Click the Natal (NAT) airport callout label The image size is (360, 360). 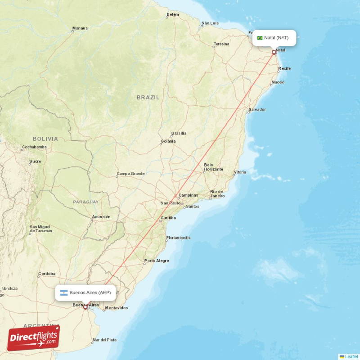[274, 38]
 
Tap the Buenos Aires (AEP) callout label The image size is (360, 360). [85, 292]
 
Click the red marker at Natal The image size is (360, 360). [274, 52]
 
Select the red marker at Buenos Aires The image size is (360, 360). [85, 307]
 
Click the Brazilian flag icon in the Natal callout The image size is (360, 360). [260, 38]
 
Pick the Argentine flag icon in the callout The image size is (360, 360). [64, 292]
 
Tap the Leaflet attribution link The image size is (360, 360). [351, 356]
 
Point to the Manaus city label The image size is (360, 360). [80, 28]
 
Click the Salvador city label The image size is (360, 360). [257, 109]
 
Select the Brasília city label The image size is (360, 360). [179, 133]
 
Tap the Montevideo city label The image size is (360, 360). [117, 308]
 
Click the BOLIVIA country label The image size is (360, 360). [45, 139]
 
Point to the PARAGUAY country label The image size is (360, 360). [85, 202]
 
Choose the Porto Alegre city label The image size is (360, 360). [157, 261]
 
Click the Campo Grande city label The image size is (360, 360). [130, 173]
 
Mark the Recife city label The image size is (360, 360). [284, 68]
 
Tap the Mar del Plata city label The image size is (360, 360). [104, 340]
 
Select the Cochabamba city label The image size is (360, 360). [34, 147]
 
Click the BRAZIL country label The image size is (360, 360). [148, 97]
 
